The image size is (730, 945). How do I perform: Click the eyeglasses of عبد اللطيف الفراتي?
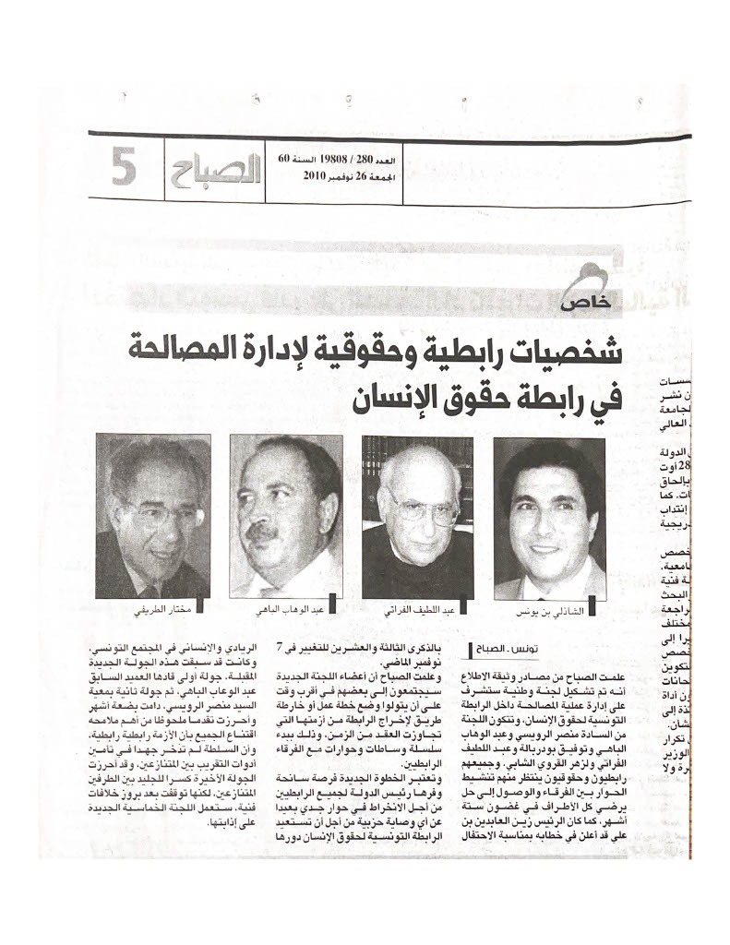pyautogui.click(x=420, y=505)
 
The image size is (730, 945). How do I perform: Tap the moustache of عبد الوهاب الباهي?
pyautogui.click(x=262, y=532)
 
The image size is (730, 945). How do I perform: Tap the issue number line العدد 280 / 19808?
pyautogui.click(x=319, y=159)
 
